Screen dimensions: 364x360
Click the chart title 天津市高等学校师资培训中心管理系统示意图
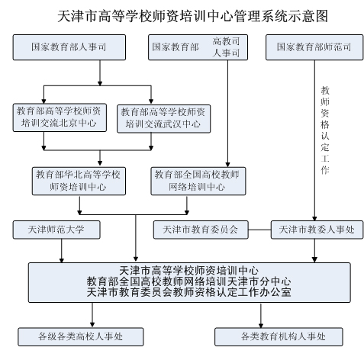(x=192, y=16)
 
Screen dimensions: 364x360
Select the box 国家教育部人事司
(x=69, y=47)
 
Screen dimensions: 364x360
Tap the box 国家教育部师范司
(x=314, y=47)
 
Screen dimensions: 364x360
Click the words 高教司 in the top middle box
(x=226, y=41)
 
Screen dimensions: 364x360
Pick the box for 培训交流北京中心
(x=60, y=117)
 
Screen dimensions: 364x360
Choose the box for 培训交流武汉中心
(x=163, y=119)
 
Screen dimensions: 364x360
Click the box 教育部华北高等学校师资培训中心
(x=79, y=181)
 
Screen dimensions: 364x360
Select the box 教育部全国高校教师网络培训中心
(x=198, y=181)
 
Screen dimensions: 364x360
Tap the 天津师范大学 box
(x=56, y=230)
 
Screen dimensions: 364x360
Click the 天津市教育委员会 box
(x=201, y=230)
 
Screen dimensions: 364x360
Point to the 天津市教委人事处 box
(x=317, y=230)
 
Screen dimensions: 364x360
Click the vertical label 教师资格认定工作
(x=325, y=130)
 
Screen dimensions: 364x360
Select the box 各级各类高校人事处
(x=81, y=337)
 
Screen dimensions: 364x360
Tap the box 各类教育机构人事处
(x=279, y=337)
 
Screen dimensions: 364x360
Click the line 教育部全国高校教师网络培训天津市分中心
(x=188, y=281)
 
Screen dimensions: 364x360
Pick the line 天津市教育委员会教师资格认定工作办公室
(x=188, y=292)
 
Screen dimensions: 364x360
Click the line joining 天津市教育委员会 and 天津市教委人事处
(x=259, y=230)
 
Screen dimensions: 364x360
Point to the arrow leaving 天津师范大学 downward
(x=62, y=251)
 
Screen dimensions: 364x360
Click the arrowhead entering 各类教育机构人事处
(x=261, y=326)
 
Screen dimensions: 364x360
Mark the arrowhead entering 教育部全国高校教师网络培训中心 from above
(x=227, y=165)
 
